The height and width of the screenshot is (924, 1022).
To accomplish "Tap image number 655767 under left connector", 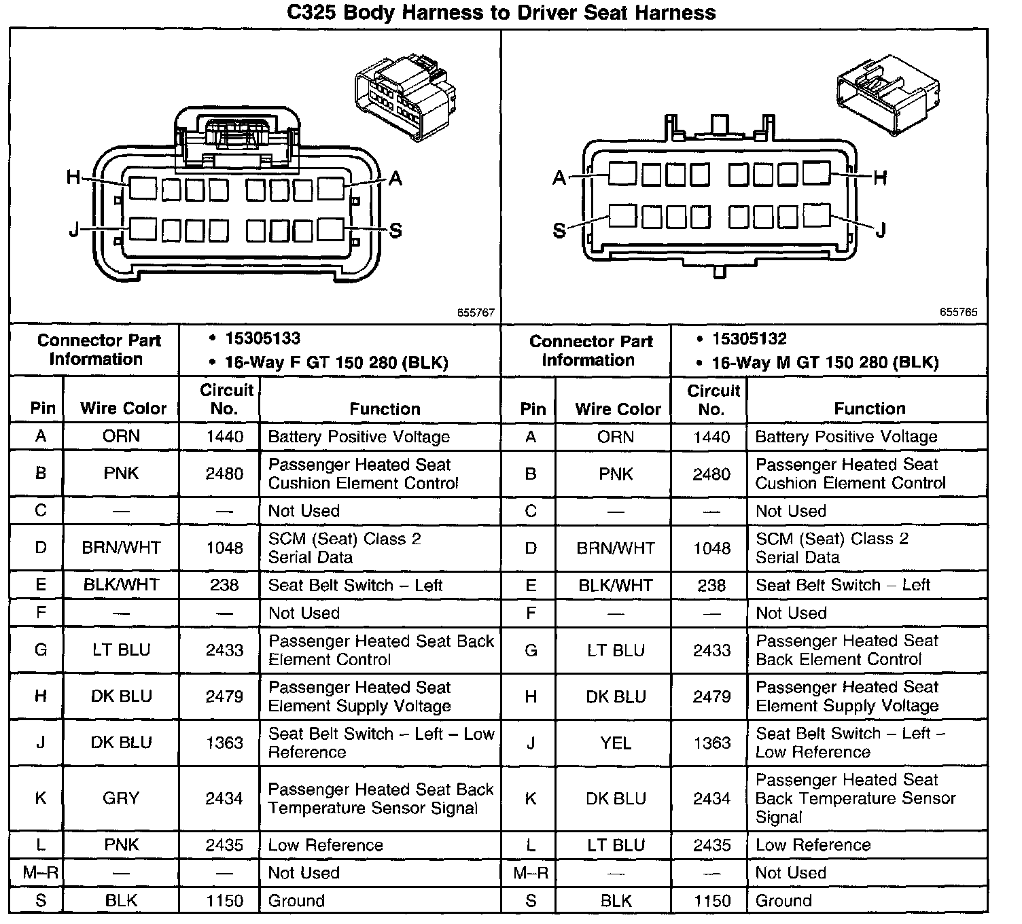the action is (x=476, y=313).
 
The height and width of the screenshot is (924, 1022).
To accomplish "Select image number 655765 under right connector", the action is (x=958, y=313).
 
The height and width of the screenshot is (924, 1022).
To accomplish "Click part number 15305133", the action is (x=262, y=338).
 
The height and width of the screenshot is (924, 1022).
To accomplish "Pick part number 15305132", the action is (x=749, y=338).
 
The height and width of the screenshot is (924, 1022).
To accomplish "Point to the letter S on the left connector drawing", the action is (x=395, y=231).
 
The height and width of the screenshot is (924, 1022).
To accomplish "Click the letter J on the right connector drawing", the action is (x=881, y=231).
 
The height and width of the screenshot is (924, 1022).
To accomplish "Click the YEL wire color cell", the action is (x=616, y=743).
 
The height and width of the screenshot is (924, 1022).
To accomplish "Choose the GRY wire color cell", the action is (x=121, y=798).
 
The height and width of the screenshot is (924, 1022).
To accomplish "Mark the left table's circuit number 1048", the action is (x=224, y=548).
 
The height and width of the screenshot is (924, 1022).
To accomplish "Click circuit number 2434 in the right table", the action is (x=711, y=798).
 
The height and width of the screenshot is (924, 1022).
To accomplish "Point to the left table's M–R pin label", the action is (x=40, y=873).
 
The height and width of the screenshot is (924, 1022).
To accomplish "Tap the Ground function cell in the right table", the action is (x=783, y=901).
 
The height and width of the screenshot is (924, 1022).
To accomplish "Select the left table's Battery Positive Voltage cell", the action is (x=359, y=437).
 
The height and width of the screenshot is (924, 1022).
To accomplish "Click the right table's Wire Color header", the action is (x=618, y=409).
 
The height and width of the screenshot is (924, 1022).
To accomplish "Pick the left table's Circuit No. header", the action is (x=226, y=399).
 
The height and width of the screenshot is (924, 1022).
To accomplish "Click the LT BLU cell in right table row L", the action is (x=616, y=845).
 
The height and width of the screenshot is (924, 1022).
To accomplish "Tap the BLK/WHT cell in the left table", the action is (x=121, y=585).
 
